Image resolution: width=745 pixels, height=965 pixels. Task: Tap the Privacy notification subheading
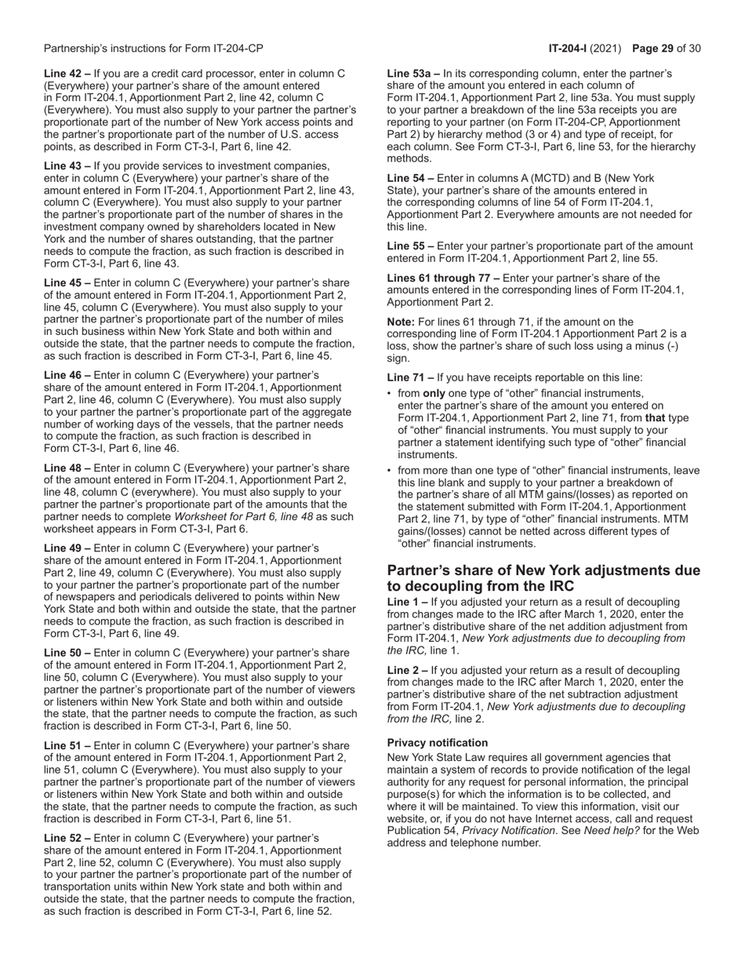pos(438,742)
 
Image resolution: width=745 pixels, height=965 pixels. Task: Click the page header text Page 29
pos(652,49)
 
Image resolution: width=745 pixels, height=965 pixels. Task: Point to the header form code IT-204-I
pos(569,49)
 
